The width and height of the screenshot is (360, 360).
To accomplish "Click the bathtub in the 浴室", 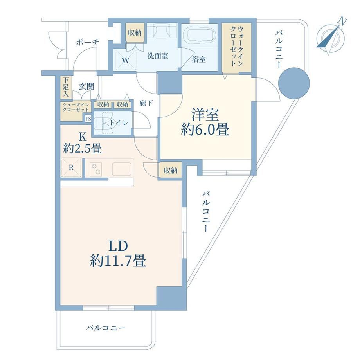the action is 202,36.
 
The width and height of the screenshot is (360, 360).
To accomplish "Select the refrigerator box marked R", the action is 71,167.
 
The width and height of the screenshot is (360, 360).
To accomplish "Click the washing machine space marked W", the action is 125,61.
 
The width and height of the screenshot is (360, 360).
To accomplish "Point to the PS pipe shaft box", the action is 88,119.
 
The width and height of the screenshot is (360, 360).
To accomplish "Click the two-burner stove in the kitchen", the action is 96,169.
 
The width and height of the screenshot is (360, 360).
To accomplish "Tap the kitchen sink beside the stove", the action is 122,169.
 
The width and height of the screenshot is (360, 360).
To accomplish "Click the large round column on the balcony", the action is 294,83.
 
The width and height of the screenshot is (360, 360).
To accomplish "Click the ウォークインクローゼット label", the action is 236,46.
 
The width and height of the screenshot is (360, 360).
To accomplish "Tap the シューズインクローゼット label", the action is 76,107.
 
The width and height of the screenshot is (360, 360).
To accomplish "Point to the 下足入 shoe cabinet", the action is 66,87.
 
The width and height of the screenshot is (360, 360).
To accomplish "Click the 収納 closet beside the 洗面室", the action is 135,33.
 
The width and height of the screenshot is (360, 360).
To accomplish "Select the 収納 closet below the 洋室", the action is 170,171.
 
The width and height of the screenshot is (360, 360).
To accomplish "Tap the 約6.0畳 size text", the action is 205,130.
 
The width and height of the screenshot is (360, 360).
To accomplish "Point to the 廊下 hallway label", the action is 146,103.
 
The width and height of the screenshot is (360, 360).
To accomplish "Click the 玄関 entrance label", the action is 86,86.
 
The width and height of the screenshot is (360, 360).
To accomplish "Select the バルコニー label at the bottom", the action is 106,328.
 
